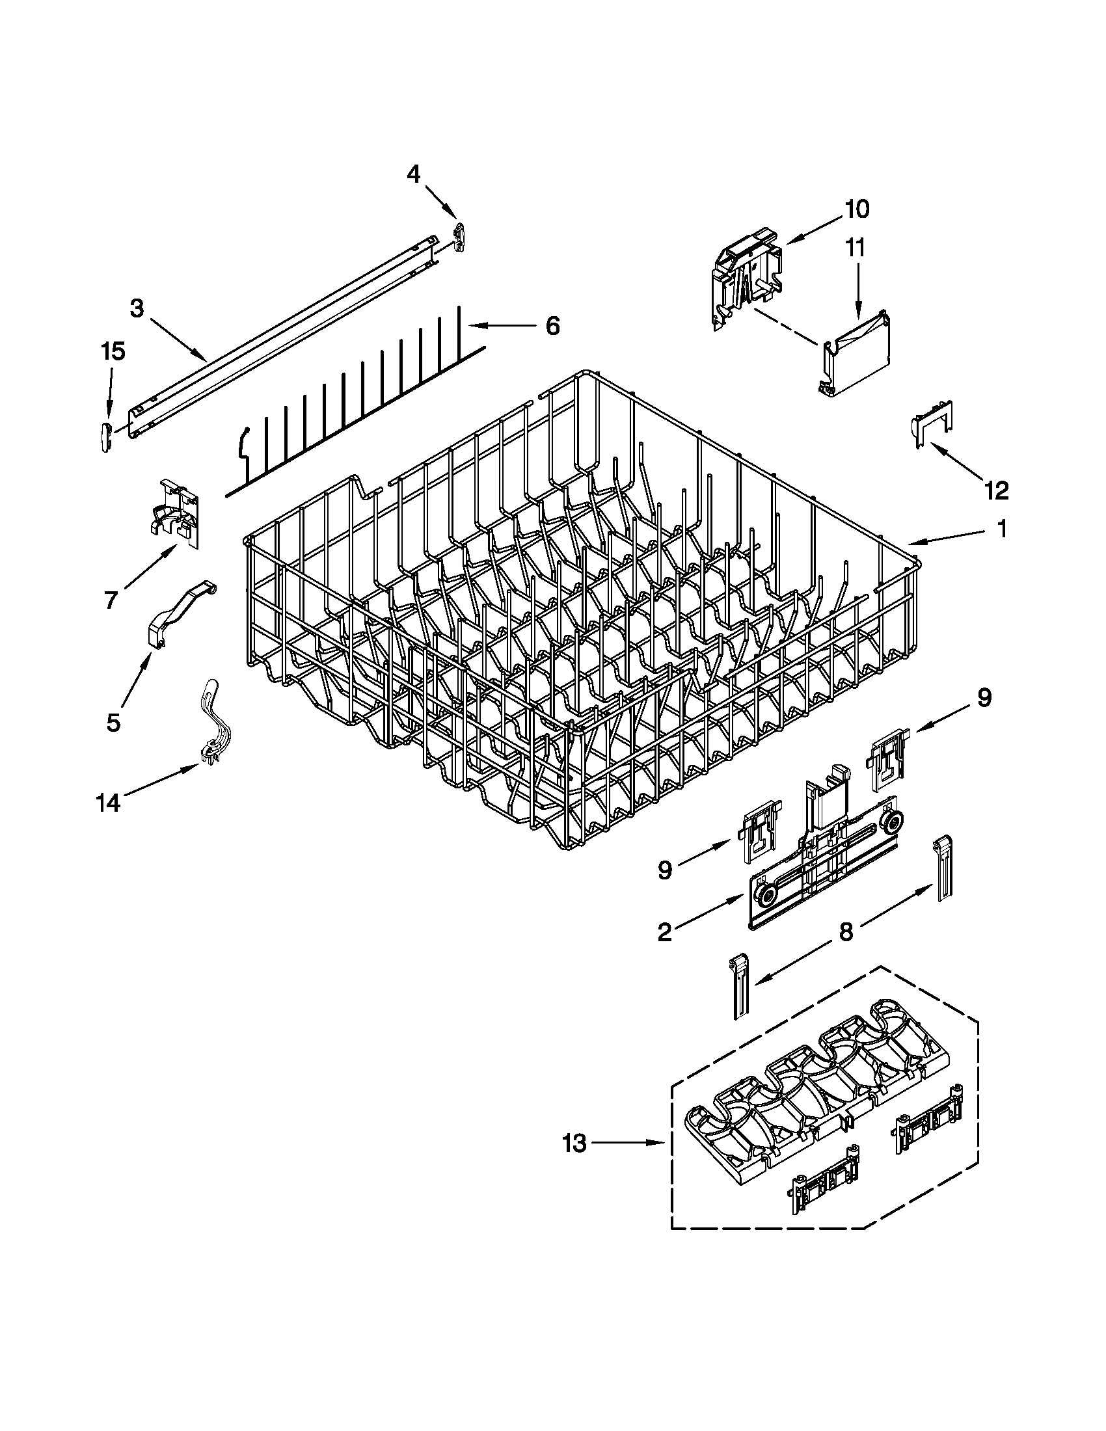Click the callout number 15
tap(112, 352)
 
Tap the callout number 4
tap(413, 174)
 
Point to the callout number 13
tap(574, 1144)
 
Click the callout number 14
tap(108, 803)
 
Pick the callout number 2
tap(664, 932)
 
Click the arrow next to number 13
tap(630, 1144)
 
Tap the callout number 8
tap(846, 931)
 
